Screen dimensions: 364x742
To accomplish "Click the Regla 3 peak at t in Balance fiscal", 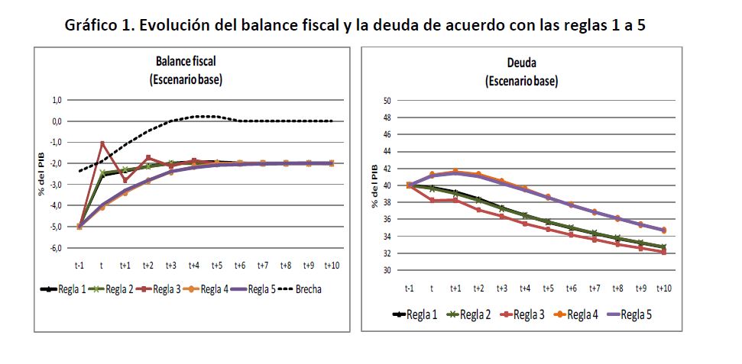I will pos(102,143).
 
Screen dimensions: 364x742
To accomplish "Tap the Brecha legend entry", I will pos(302,288).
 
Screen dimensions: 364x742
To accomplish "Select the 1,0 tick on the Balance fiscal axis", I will pos(57,100).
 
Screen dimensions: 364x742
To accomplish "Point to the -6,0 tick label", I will pos(56,248).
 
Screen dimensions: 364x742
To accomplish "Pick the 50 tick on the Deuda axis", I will pos(386,101).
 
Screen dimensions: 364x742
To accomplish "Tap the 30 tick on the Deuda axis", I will pos(386,270).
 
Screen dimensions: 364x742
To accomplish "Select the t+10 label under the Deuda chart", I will pos(663,288).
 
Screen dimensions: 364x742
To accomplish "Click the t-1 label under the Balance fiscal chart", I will pos(79,266).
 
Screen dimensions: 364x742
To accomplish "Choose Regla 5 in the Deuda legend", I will pos(636,314).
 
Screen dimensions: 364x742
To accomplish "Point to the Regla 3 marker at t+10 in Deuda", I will pos(664,251).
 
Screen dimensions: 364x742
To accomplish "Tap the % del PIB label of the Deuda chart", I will pos(375,186).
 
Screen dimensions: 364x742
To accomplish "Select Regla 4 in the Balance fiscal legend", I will pos(215,288).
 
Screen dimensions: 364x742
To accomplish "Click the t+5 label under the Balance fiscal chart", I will pos(218,266).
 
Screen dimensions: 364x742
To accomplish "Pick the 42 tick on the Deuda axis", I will pos(386,169).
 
